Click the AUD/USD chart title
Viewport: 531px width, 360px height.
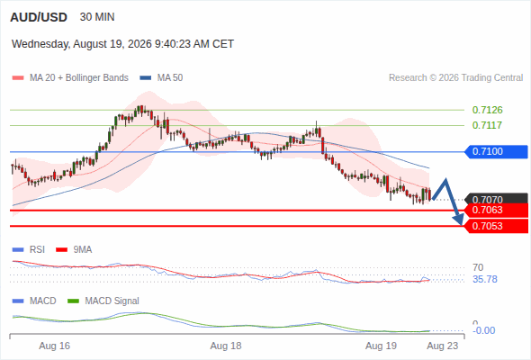coord(39,17)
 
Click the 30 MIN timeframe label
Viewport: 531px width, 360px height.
coord(97,17)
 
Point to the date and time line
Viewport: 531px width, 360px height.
coord(122,44)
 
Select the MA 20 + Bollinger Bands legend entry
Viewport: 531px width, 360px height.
coord(70,78)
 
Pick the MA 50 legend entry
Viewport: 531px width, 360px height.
coord(161,78)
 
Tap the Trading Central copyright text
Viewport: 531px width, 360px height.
coord(455,78)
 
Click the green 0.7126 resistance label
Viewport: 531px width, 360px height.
coord(487,110)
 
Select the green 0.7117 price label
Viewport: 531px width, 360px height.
coord(487,125)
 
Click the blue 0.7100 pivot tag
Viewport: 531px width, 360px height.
coord(496,151)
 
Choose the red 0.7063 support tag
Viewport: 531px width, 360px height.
coord(496,210)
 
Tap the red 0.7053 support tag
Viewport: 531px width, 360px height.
coord(496,226)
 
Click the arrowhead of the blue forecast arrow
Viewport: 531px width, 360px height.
coord(459,220)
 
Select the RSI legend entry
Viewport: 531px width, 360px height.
coord(29,249)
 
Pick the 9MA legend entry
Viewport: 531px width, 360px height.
coord(74,249)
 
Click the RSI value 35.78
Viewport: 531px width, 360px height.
coord(485,279)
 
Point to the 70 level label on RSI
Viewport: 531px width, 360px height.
coord(478,267)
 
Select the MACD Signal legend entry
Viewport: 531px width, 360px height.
coord(103,301)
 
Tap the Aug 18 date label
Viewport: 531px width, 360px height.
coord(226,346)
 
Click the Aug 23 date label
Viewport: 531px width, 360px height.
coord(442,346)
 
